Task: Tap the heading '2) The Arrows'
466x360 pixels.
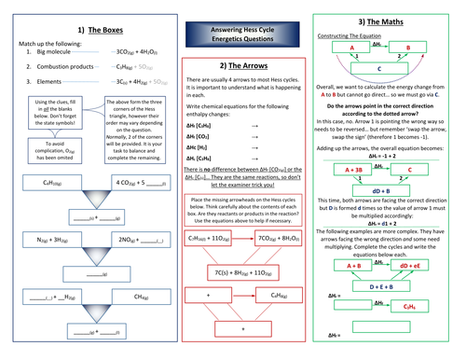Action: tap(233, 67)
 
